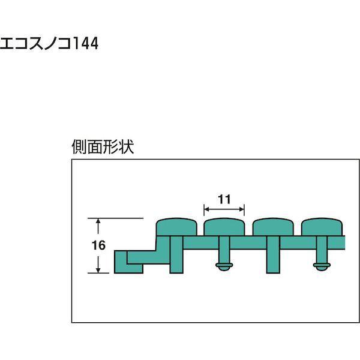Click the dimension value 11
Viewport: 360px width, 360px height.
224,199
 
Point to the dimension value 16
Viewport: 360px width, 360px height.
100,245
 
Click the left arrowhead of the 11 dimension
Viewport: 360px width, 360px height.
206,209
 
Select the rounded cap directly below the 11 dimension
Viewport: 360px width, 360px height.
224,227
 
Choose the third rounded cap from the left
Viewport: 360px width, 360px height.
272,227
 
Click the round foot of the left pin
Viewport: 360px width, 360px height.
224,266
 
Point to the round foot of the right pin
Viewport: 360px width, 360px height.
321,266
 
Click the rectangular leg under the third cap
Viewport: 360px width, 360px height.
272,255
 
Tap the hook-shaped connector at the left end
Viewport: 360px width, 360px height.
127,261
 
